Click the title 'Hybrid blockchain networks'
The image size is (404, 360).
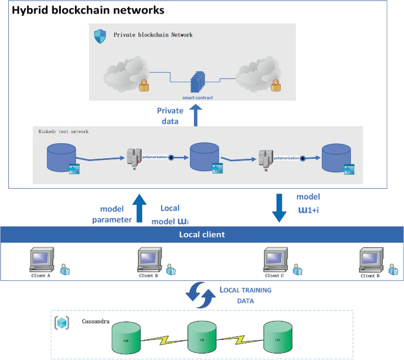pos(88,11)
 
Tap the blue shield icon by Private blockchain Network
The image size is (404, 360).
pos(100,36)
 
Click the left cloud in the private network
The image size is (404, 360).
pos(123,76)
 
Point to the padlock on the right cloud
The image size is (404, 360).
pos(274,87)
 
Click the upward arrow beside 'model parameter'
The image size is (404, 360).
pos(139,208)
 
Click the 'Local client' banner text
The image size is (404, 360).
pos(202,234)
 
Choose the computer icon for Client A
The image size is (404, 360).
pos(42,260)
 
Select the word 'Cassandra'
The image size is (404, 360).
pos(94,322)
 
